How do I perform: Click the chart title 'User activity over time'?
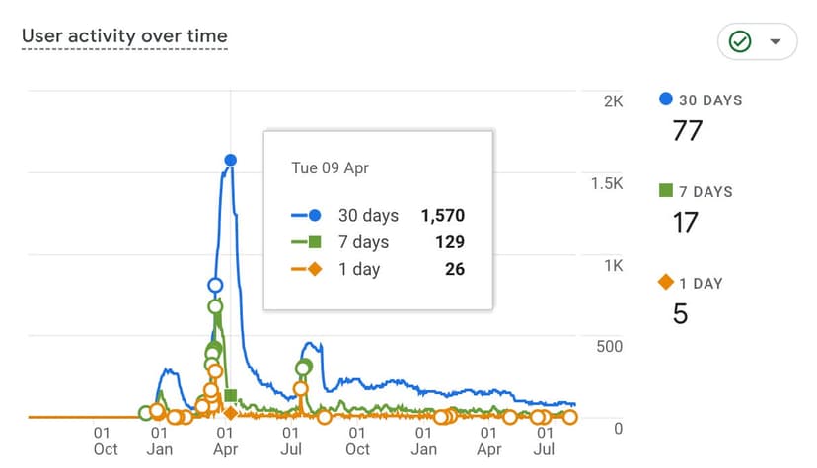[124, 36]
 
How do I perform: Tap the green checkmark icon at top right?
[740, 41]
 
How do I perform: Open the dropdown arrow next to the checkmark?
[775, 41]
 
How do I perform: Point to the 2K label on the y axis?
[614, 101]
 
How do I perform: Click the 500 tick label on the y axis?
[608, 346]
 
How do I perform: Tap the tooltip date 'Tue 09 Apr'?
[330, 167]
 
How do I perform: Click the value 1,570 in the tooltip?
[442, 215]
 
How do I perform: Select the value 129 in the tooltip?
[449, 242]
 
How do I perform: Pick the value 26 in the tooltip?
[454, 269]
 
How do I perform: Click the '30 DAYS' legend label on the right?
[709, 100]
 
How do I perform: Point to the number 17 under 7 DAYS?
[685, 222]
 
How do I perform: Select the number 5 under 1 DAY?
[680, 313]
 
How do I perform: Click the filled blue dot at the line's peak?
[230, 160]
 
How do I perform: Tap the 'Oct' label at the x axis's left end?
[106, 449]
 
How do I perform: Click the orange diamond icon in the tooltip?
[315, 269]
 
